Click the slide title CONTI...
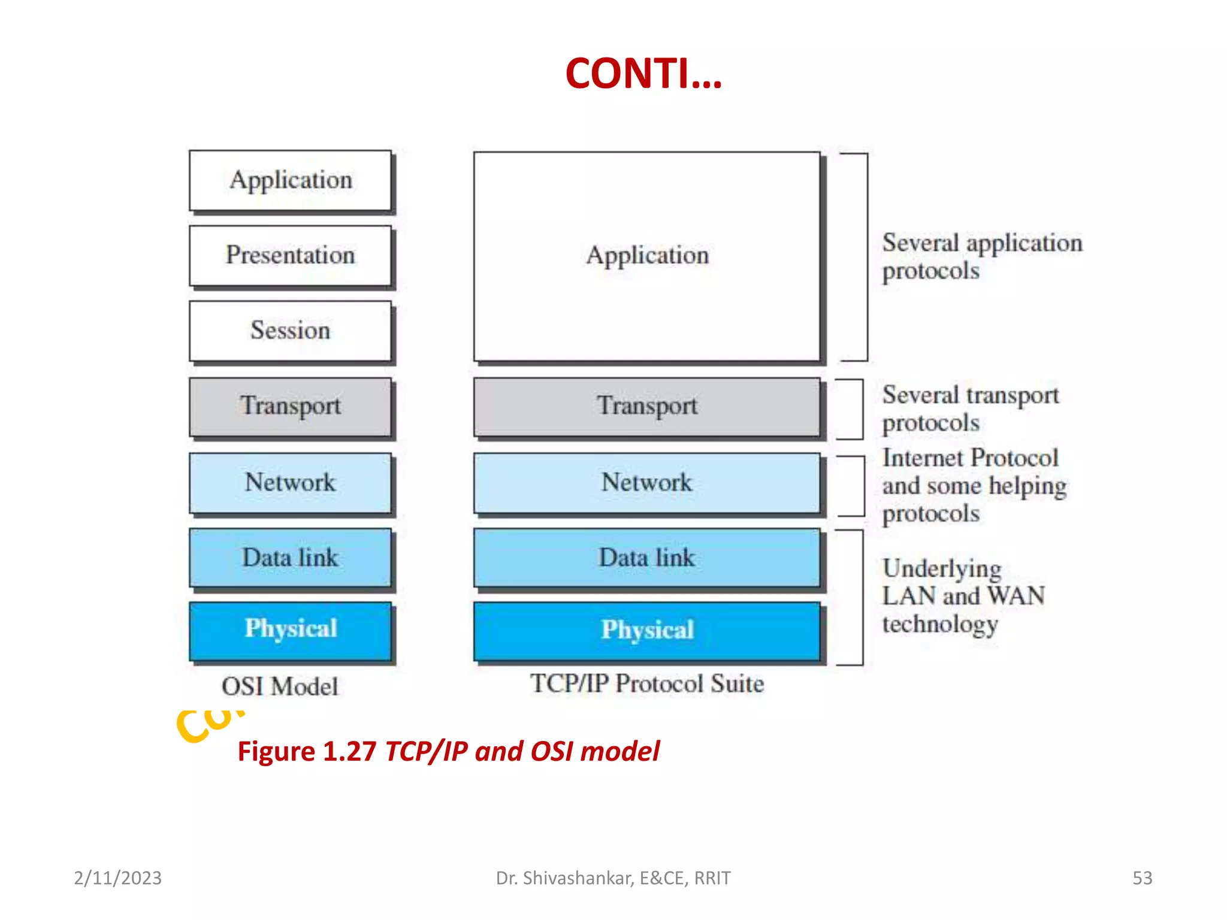643,74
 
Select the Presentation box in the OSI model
291,256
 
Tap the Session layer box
291,331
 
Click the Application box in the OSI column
291,180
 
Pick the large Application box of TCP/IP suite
647,256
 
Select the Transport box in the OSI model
291,406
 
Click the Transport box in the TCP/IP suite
647,406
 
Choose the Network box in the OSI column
291,483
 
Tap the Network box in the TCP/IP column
647,483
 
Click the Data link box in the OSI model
291,558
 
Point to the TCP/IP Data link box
647,558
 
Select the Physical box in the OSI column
291,630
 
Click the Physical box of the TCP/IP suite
647,631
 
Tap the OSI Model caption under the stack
280,686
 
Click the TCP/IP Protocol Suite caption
647,684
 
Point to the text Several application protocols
981,256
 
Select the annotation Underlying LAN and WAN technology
962,596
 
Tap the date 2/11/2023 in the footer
118,878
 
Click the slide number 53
1142,878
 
